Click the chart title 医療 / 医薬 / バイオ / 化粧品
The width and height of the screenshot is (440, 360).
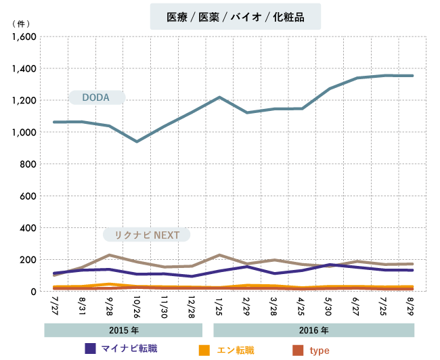(236, 18)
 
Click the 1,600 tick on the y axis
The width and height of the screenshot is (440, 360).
(24, 37)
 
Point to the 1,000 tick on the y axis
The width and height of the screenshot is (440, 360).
(24, 133)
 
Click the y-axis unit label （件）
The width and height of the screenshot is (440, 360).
(23, 23)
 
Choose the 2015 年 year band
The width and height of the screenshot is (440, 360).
(123, 331)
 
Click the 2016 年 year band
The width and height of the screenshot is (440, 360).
(314, 331)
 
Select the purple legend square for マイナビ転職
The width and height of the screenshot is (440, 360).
(89, 348)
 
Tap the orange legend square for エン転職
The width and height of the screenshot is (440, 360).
(204, 350)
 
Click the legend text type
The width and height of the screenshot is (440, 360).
(319, 351)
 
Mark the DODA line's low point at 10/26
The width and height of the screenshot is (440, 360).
(137, 141)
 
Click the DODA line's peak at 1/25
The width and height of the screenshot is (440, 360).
(219, 97)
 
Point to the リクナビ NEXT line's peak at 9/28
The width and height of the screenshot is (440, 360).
(110, 255)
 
